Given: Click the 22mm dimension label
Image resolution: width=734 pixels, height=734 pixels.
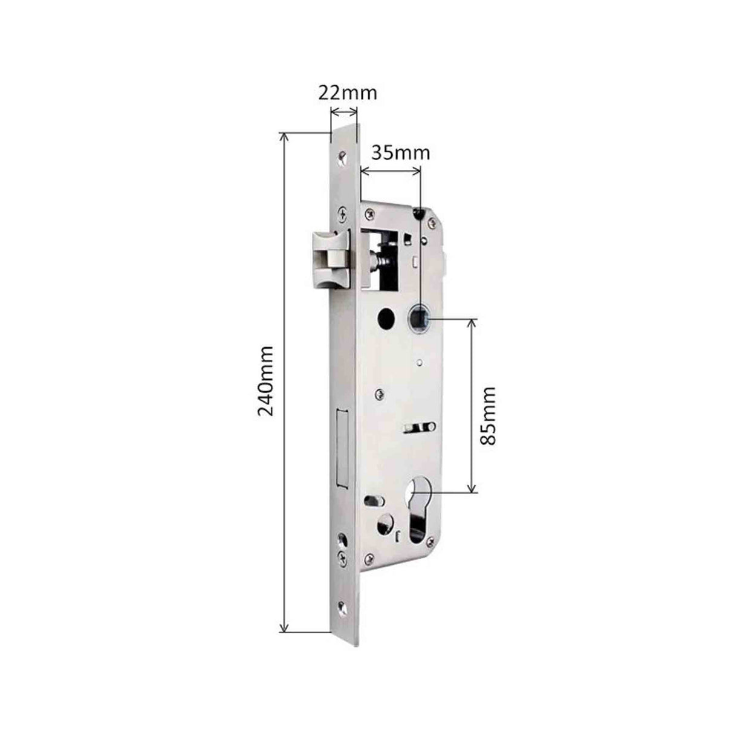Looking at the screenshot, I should point(347,93).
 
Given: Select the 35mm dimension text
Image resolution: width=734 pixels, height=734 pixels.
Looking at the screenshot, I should point(400,152).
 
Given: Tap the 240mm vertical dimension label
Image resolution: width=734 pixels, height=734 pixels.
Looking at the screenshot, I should point(265,380).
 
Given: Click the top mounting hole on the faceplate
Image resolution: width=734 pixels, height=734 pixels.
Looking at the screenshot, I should point(342,156).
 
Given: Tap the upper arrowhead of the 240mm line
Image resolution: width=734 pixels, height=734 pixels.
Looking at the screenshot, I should point(284,135).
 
